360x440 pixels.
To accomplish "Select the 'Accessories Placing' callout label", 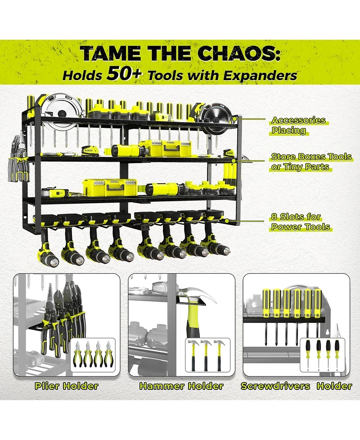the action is (x=298, y=125).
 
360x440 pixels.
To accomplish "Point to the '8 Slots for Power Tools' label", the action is (x=301, y=222).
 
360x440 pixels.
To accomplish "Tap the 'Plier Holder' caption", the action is (x=67, y=386).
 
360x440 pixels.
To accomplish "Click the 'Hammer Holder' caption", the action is (x=181, y=386).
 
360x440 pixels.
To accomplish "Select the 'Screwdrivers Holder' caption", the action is (x=297, y=386).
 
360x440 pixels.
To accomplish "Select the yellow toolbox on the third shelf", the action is (x=110, y=187).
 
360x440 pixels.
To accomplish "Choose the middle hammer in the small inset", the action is (x=207, y=355).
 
